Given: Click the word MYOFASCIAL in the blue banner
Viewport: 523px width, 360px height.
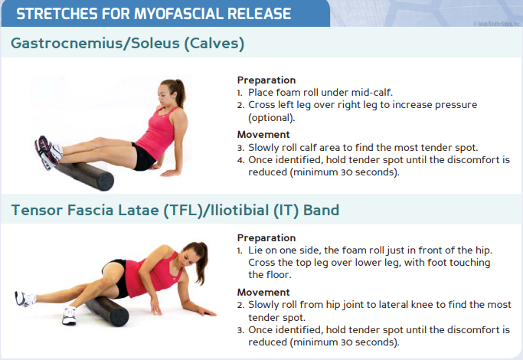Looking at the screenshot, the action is (x=178, y=14).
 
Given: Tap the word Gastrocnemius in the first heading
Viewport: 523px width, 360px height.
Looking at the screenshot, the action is (x=67, y=44).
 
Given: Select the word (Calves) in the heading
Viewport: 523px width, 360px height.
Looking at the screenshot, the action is (x=214, y=44).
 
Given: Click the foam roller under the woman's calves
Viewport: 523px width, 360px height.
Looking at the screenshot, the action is (x=85, y=176).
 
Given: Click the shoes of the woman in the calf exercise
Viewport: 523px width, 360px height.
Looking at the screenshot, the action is (x=48, y=152).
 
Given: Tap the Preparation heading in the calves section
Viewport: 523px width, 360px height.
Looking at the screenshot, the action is (x=266, y=80).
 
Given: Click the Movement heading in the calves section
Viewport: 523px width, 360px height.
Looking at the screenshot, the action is (x=263, y=135).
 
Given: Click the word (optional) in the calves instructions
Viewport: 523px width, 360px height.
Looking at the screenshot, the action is (x=272, y=118).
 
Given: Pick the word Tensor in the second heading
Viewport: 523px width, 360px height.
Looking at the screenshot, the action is (x=37, y=210).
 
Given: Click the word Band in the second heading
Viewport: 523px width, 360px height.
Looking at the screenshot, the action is (x=321, y=210).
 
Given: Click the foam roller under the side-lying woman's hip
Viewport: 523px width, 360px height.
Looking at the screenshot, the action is (x=107, y=311).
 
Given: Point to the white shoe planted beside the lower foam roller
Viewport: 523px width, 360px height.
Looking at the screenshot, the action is (x=69, y=316).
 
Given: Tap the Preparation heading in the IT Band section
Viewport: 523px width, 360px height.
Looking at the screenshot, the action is (x=266, y=238).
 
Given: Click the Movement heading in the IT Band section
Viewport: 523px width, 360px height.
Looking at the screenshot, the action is (x=263, y=293).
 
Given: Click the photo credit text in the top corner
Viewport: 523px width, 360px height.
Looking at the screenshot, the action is (x=497, y=24).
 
